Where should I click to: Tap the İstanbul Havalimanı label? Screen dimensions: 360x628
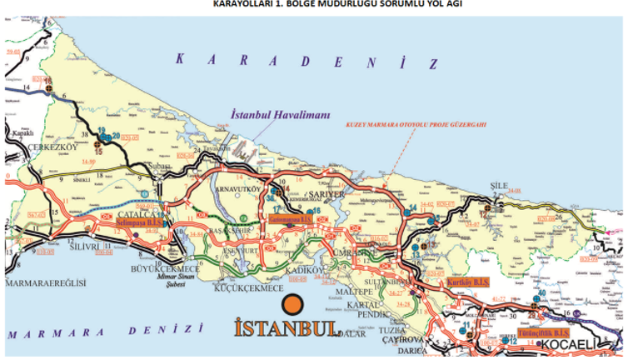coord(281,117)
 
